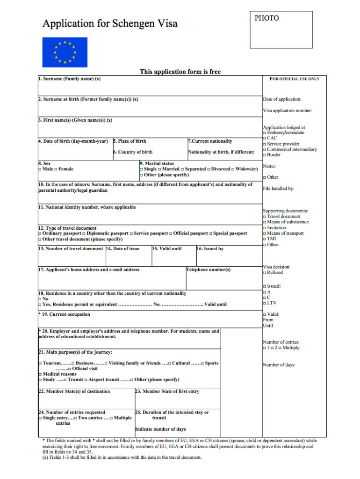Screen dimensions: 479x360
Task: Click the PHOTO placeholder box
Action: pyautogui.click(x=281, y=30)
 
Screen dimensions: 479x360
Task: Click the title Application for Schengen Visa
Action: pyautogui.click(x=110, y=23)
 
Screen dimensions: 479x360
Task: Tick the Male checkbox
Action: pyautogui.click(x=40, y=169)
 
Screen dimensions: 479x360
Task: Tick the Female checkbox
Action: pyautogui.click(x=56, y=169)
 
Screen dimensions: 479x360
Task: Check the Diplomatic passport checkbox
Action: pyautogui.click(x=84, y=233)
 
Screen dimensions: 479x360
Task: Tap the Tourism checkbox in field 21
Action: pyautogui.click(x=40, y=363)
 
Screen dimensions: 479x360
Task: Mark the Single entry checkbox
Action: pyautogui.click(x=40, y=418)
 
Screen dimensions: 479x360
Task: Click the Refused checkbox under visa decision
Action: pyautogui.click(x=265, y=273)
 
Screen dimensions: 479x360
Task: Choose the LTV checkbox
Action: pyautogui.click(x=265, y=303)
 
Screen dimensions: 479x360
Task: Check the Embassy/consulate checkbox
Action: pyautogui.click(x=265, y=133)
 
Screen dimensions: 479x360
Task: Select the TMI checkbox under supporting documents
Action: pyautogui.click(x=265, y=239)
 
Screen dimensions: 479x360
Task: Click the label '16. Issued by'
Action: pyautogui.click(x=210, y=249)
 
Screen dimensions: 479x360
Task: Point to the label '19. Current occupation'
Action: pyautogui.click(x=65, y=314)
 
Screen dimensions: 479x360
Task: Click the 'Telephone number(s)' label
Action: pyautogui.click(x=208, y=270)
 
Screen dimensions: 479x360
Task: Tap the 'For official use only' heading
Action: pyautogui.click(x=295, y=79)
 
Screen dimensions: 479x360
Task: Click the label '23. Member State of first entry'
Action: pyautogui.click(x=167, y=392)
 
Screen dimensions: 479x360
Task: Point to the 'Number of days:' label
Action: pyautogui.click(x=279, y=365)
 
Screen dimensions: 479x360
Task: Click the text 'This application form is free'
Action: pyautogui.click(x=180, y=72)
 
